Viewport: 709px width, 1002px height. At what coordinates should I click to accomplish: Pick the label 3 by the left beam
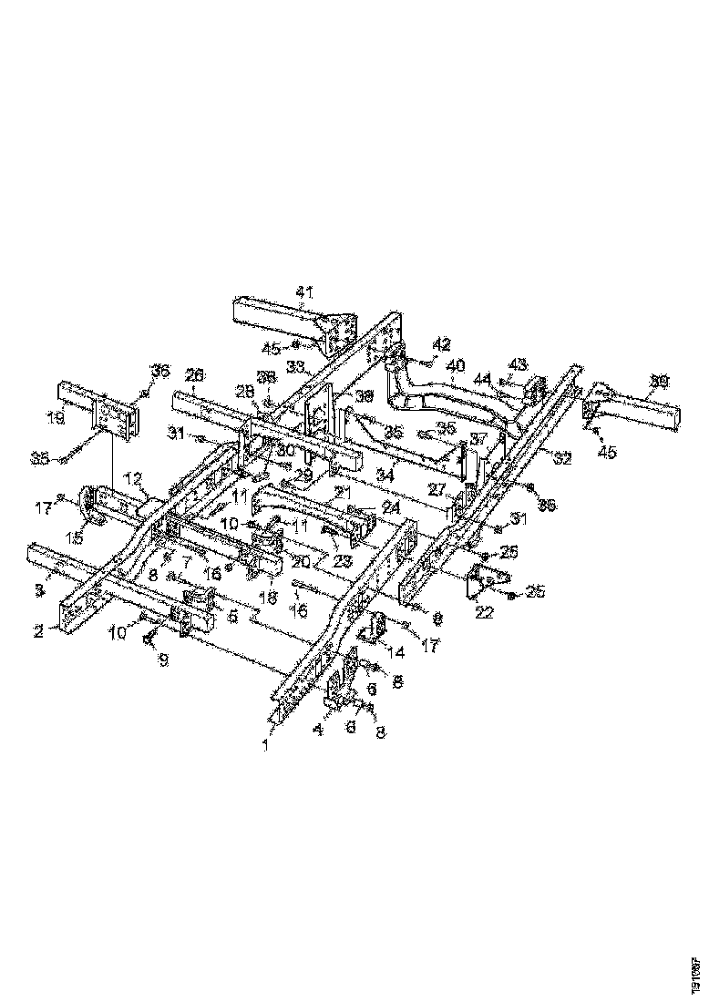tap(39, 589)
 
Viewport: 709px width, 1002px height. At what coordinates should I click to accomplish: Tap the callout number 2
tap(39, 628)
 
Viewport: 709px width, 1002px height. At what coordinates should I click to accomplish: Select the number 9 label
tap(163, 659)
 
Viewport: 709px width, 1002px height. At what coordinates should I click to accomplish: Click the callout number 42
tap(442, 344)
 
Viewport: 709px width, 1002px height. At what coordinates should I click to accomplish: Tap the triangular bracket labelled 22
tap(482, 580)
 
